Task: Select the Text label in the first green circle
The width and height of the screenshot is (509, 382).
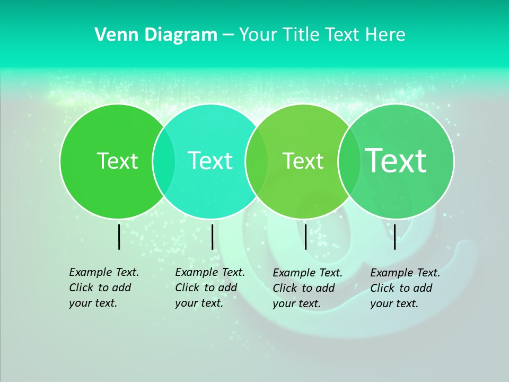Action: point(117,161)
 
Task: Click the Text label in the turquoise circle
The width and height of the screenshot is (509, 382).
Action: point(210,161)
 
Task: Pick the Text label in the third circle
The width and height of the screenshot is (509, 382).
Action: point(303,161)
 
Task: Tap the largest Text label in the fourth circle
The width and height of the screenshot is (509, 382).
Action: point(396,160)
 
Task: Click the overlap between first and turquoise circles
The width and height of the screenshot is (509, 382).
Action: point(164,161)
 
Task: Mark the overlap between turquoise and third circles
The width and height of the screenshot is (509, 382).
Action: point(257,161)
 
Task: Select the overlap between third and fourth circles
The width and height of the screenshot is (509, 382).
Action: point(349,161)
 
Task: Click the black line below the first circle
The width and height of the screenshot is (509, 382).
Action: point(119,237)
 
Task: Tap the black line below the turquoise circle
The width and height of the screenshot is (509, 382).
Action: point(212,237)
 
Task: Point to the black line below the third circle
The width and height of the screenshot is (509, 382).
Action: point(305,237)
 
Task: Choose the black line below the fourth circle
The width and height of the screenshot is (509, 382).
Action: point(394,237)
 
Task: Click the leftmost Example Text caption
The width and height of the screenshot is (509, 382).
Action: point(103,288)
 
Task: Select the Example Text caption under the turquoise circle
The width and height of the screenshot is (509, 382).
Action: point(209,288)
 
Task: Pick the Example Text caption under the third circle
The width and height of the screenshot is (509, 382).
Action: point(307,288)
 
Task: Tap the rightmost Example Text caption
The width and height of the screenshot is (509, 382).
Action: point(405,288)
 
